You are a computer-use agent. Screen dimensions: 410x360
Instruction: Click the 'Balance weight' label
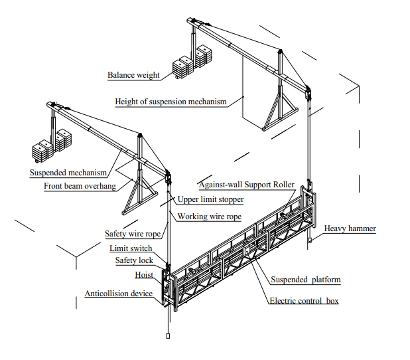[x=133, y=75]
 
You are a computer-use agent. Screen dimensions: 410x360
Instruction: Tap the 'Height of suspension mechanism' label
[x=171, y=102]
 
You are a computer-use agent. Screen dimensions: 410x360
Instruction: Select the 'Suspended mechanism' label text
[x=68, y=173]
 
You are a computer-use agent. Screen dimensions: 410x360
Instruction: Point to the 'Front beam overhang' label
[x=80, y=186]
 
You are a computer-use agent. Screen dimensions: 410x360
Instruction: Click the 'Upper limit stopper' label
[x=210, y=199]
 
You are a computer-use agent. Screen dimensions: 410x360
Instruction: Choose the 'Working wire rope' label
[x=210, y=217]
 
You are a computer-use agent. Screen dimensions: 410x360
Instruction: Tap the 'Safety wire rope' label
[x=133, y=234]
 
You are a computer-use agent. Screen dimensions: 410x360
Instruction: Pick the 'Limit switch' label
[x=131, y=248]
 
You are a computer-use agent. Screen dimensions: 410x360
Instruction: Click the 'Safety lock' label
[x=134, y=260]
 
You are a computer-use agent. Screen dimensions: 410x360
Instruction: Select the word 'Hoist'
[x=144, y=275]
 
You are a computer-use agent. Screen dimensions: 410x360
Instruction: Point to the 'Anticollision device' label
[x=119, y=294]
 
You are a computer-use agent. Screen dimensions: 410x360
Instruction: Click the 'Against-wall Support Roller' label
[x=247, y=185]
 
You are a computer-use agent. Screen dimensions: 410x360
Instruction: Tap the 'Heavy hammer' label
[x=350, y=228]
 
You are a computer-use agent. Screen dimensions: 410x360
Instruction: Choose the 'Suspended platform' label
[x=306, y=280]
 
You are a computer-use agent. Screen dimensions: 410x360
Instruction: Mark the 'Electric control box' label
[x=304, y=301]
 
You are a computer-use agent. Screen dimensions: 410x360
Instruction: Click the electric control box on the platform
[x=247, y=250]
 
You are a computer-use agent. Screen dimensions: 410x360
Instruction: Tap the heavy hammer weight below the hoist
[x=168, y=336]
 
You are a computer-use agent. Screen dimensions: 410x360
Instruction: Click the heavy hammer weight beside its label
[x=309, y=240]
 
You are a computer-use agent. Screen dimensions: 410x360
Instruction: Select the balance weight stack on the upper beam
[x=192, y=61]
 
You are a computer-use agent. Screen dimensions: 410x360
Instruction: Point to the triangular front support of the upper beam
[x=281, y=115]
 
